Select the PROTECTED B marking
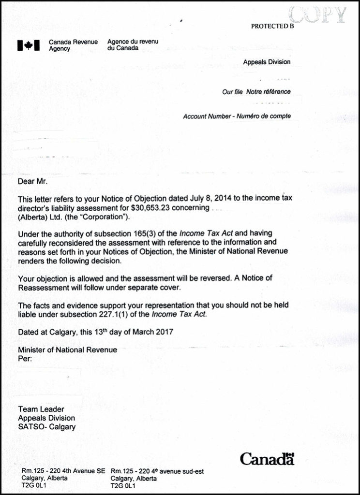click(272, 27)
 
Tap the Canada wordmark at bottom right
click(267, 459)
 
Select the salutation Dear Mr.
click(33, 182)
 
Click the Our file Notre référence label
click(256, 92)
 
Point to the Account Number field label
click(237, 116)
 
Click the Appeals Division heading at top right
click(267, 62)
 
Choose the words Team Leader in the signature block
click(41, 409)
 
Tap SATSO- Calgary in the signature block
click(46, 427)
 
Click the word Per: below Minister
click(25, 359)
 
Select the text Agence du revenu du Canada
click(133, 45)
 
